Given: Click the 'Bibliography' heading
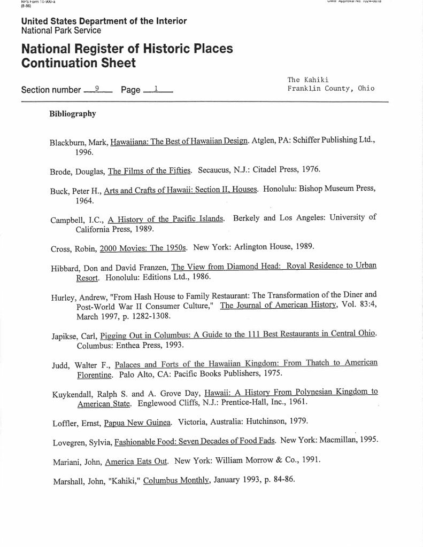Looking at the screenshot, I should tap(73, 114).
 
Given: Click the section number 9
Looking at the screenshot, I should tap(97, 88).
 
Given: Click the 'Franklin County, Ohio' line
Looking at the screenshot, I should tap(330, 89).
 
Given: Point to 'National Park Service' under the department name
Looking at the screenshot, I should tap(60, 30).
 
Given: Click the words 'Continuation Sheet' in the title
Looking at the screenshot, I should tap(78, 64).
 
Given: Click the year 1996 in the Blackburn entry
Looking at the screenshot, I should tap(84, 153).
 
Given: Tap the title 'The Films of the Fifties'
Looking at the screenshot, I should tap(149, 171).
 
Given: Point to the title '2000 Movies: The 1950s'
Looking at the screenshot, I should tap(144, 248).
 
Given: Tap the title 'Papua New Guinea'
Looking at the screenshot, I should tap(137, 423).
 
